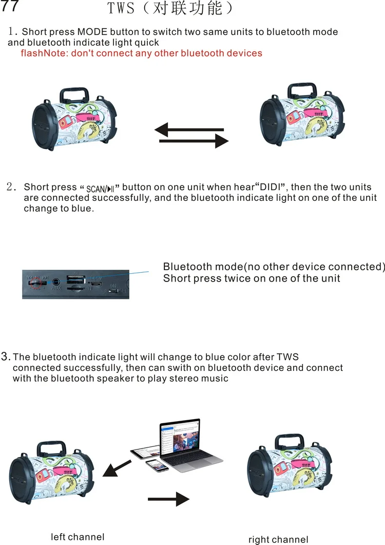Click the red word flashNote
[x=42, y=53]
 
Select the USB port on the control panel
[x=75, y=280]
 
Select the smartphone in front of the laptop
[x=158, y=465]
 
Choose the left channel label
[x=78, y=537]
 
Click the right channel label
[x=278, y=539]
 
